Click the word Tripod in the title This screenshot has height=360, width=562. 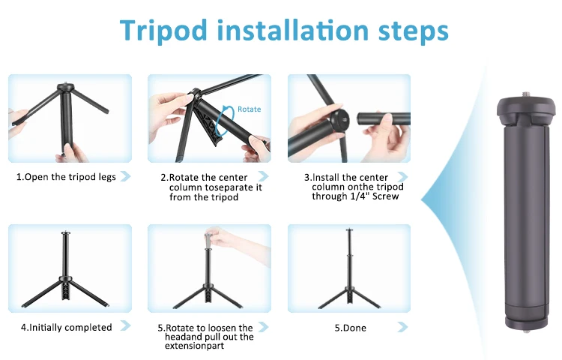(164, 31)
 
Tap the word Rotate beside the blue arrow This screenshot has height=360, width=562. (249, 109)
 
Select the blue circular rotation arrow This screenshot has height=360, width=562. (223, 121)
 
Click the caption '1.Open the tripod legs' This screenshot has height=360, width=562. (66, 177)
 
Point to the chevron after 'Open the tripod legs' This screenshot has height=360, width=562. (125, 176)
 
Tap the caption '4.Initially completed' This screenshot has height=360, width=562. (66, 327)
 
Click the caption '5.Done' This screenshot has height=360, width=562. (350, 328)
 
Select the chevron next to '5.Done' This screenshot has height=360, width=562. (402, 327)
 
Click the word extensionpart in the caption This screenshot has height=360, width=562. (194, 346)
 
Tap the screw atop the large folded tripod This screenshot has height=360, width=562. (527, 94)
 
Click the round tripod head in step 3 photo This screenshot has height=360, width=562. (339, 119)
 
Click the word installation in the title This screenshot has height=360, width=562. (293, 31)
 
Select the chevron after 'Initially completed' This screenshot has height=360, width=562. (125, 325)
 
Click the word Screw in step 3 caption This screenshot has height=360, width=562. (386, 196)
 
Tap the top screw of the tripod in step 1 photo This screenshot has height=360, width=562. (65, 83)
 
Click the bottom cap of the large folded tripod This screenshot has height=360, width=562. (527, 322)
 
